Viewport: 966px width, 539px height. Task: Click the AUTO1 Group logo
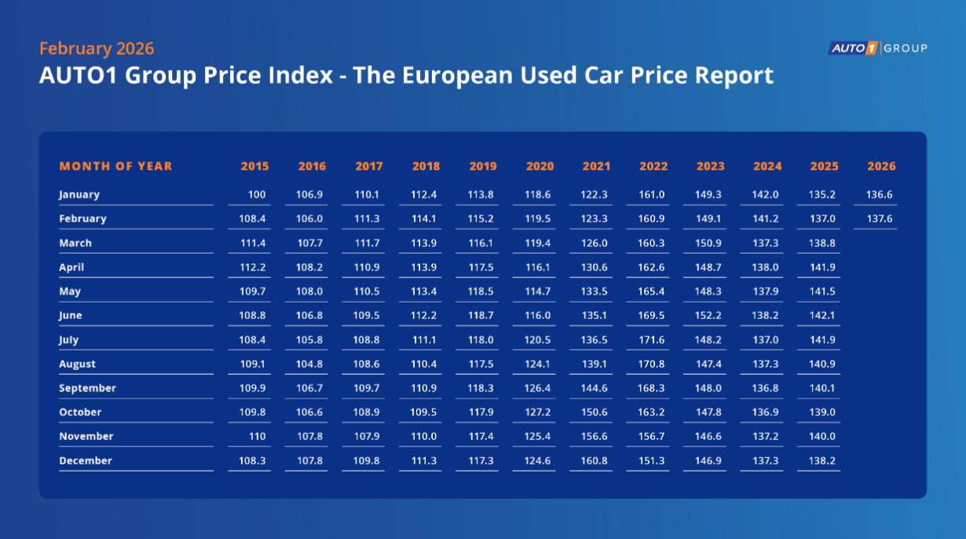tap(878, 49)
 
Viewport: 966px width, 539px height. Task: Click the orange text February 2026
tap(97, 49)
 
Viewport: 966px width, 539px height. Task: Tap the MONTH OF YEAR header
tap(115, 167)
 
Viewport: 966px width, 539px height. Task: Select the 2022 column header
tap(653, 167)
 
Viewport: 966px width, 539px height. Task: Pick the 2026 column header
tap(881, 167)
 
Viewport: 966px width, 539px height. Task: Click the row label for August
tap(78, 365)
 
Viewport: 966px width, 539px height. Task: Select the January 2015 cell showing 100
tap(257, 195)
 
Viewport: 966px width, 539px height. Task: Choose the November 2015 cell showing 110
tap(257, 437)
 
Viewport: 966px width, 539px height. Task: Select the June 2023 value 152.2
tap(710, 316)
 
